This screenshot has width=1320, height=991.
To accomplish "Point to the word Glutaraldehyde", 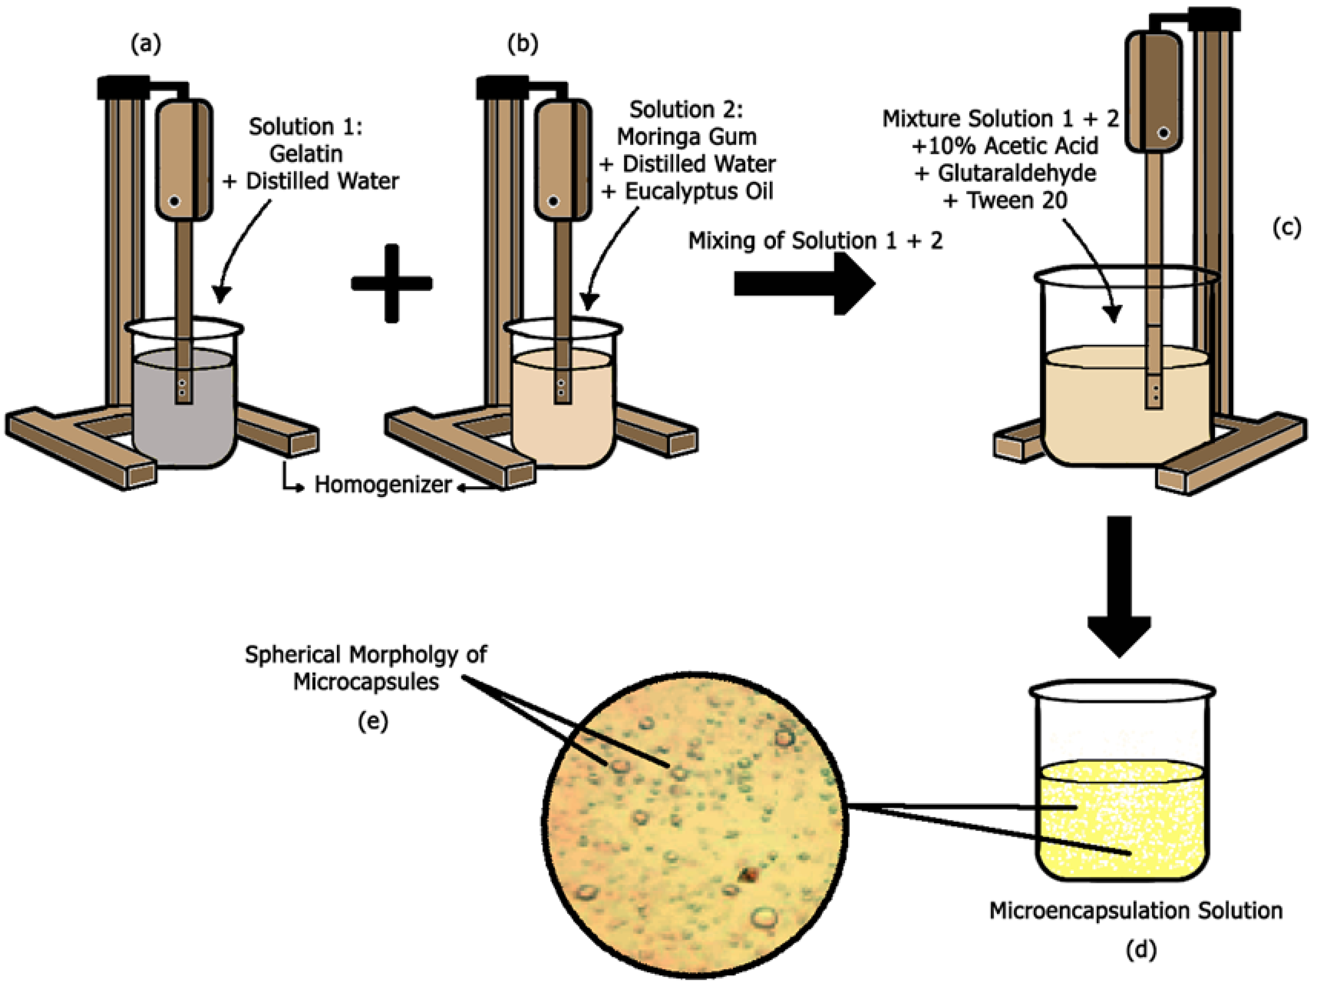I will pos(1016,173).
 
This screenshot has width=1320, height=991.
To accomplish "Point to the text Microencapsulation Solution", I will pos(1136,910).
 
